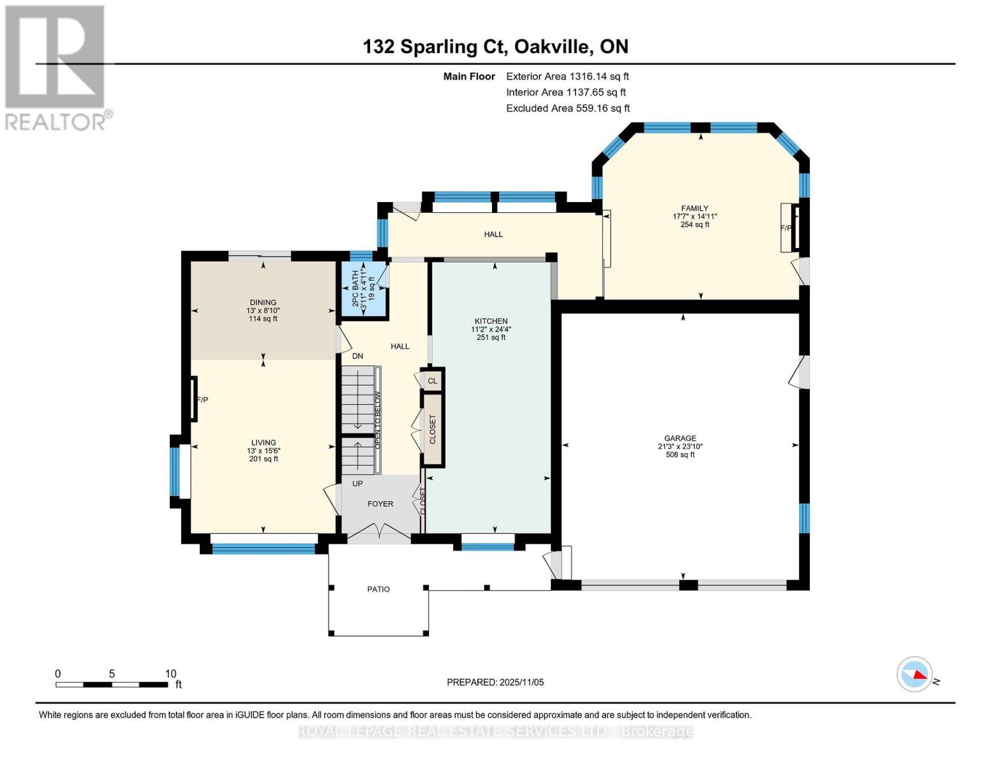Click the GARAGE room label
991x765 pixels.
pos(680,439)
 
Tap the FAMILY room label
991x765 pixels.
pos(694,208)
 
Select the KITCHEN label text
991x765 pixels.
pos(491,321)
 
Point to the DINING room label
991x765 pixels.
pos(263,303)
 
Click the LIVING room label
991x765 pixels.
pos(263,442)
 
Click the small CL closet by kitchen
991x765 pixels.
pos(433,381)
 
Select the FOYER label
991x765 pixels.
pos(380,504)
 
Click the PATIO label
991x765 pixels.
pos(378,589)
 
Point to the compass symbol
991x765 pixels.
pos(914,674)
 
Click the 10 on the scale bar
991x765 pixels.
pos(170,674)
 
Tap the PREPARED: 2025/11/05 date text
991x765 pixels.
pos(495,682)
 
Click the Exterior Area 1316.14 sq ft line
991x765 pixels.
pos(567,76)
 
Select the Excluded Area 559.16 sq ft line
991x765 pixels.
pos(568,108)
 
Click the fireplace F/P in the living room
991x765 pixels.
pos(202,400)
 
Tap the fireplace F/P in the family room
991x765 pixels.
pos(786,228)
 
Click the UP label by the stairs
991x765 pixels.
pos(357,484)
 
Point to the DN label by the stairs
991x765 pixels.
pos(357,356)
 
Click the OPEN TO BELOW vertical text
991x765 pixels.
pos(377,420)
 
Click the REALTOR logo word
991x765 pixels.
pos(56,122)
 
